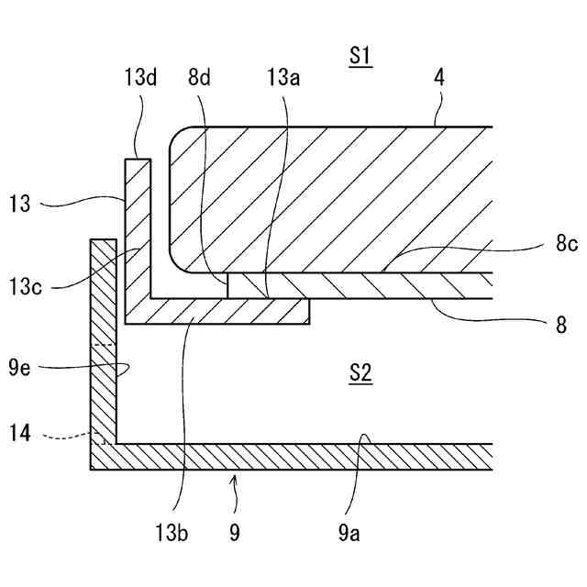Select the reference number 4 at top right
[x=439, y=78]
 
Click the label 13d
[x=140, y=78]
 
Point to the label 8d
[x=199, y=78]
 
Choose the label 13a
[x=282, y=78]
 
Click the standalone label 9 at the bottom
[x=235, y=532]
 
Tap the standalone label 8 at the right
[x=560, y=324]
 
